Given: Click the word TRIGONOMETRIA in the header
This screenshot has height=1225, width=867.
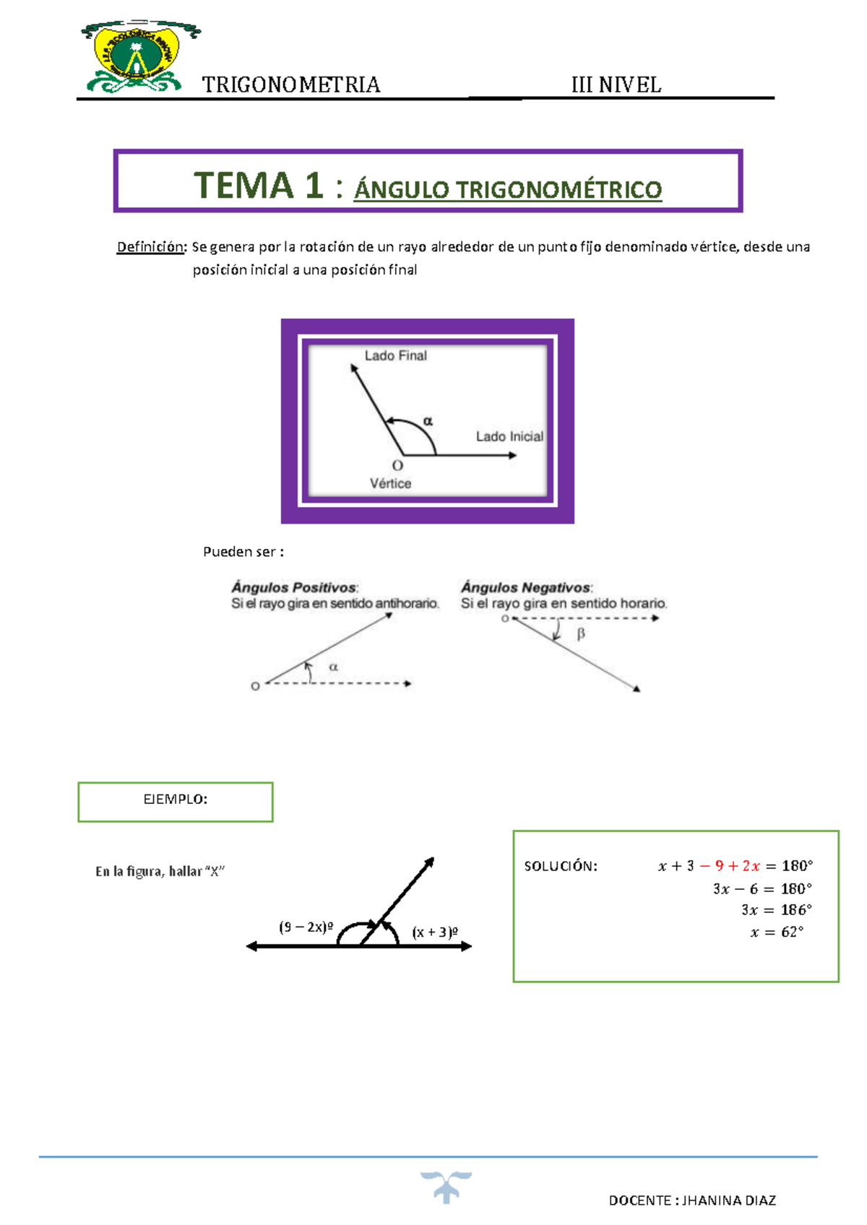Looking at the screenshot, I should point(290,85).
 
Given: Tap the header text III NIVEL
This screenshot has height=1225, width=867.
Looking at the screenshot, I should point(616,85).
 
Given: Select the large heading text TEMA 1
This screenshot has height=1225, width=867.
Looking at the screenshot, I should point(258,186).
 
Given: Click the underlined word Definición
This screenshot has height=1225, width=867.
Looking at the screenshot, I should point(151,247).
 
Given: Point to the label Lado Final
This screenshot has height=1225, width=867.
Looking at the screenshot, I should point(395,355).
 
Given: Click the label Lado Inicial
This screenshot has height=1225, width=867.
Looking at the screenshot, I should point(509,436).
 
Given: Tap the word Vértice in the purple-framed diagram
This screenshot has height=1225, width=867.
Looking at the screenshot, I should point(390,483).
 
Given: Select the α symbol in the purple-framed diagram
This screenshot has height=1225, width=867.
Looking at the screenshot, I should point(428,420).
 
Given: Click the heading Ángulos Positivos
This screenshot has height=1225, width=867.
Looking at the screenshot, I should point(294,587).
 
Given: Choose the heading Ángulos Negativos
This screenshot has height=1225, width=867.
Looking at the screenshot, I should point(526,587).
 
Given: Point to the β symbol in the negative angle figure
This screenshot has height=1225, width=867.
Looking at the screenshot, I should point(580,634).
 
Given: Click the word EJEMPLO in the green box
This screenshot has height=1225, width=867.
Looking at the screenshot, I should point(175,799).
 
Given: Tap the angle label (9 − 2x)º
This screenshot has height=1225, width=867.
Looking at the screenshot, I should point(306,927).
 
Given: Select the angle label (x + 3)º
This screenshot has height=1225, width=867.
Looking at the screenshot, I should point(435,932).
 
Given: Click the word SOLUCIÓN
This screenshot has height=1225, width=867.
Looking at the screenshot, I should point(561,866).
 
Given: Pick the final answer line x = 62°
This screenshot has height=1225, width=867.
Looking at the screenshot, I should point(777,932).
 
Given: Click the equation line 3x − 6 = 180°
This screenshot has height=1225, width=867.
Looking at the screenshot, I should point(762,888).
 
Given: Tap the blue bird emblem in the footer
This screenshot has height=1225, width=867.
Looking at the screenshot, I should point(446,1186).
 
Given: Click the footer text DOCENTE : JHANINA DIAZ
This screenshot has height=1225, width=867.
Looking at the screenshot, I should point(692,1200).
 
